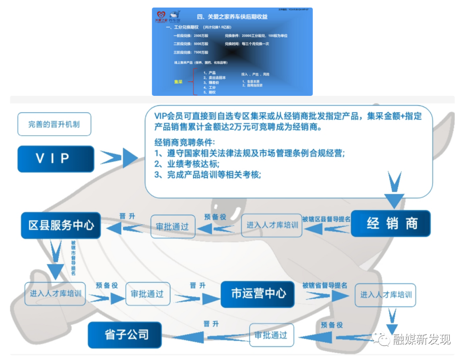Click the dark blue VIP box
pyautogui.click(x=55, y=159)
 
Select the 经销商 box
pyautogui.click(x=390, y=224)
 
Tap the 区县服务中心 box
pyautogui.click(x=61, y=225)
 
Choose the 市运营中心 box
pyautogui.click(x=258, y=294)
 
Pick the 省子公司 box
pyautogui.click(x=126, y=335)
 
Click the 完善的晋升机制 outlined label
pyautogui.click(x=54, y=124)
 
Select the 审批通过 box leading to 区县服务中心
pyautogui.click(x=172, y=226)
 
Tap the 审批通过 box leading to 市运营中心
pyautogui.click(x=147, y=294)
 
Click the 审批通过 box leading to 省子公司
pyautogui.click(x=271, y=335)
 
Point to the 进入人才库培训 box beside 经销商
pyautogui.click(x=272, y=225)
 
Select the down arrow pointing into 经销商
pyautogui.click(x=394, y=190)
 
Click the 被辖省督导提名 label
pyautogui.click(x=324, y=285)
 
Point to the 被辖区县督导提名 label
pyautogui.click(x=326, y=219)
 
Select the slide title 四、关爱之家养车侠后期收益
pyautogui.click(x=232, y=17)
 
